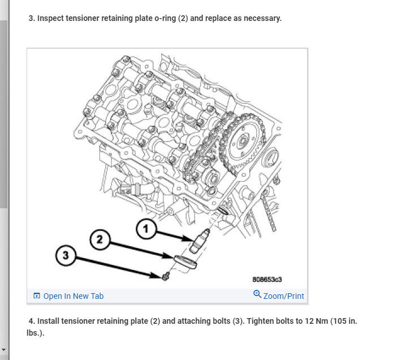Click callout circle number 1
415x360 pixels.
pyautogui.click(x=146, y=229)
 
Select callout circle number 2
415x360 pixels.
pyautogui.click(x=100, y=240)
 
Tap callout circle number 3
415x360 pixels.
pyautogui.click(x=66, y=255)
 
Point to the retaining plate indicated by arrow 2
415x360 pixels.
pyautogui.click(x=185, y=262)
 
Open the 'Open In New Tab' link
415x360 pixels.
pyautogui.click(x=73, y=296)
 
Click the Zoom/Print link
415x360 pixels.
pyautogui.click(x=283, y=296)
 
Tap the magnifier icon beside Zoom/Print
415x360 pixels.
pyautogui.click(x=257, y=295)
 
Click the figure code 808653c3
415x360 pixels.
pyautogui.click(x=267, y=280)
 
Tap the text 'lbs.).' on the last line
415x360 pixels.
pyautogui.click(x=35, y=333)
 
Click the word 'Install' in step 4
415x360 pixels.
pyautogui.click(x=49, y=321)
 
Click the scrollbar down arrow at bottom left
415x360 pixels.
pyautogui.click(x=4, y=350)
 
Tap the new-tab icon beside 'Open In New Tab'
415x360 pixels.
pyautogui.click(x=37, y=296)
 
